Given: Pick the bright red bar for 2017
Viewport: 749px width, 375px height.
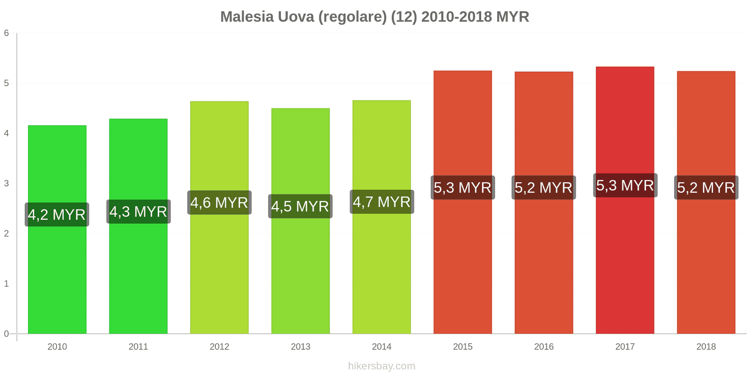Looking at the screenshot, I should (625, 262).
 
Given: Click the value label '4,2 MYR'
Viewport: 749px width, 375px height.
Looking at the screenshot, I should (57, 215).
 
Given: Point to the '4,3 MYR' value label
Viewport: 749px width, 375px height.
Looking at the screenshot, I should (139, 212).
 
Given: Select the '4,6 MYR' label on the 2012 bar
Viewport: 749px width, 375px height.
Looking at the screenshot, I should (220, 202).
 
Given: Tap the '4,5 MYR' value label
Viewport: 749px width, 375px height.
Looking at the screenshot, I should (301, 206).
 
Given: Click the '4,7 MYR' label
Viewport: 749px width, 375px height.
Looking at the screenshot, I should (382, 202).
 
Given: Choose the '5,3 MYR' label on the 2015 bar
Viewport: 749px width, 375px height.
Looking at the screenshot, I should (463, 187).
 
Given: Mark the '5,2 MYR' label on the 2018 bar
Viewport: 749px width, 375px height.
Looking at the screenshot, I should (706, 187).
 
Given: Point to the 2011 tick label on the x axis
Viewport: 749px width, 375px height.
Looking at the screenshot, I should (139, 347).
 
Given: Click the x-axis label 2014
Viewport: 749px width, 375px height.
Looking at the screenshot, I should (382, 347).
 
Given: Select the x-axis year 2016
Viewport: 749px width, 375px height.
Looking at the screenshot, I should (544, 347).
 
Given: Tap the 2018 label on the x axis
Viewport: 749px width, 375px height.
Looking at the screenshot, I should (706, 347).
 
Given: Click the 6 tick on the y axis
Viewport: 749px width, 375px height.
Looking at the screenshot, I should (7, 33).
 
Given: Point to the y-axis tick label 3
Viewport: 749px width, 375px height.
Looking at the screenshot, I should (7, 184).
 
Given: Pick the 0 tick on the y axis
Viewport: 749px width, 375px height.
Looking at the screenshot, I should (7, 334).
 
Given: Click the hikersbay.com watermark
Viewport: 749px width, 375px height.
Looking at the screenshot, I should (382, 366).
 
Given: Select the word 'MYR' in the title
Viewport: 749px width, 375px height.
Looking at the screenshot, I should (513, 17).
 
